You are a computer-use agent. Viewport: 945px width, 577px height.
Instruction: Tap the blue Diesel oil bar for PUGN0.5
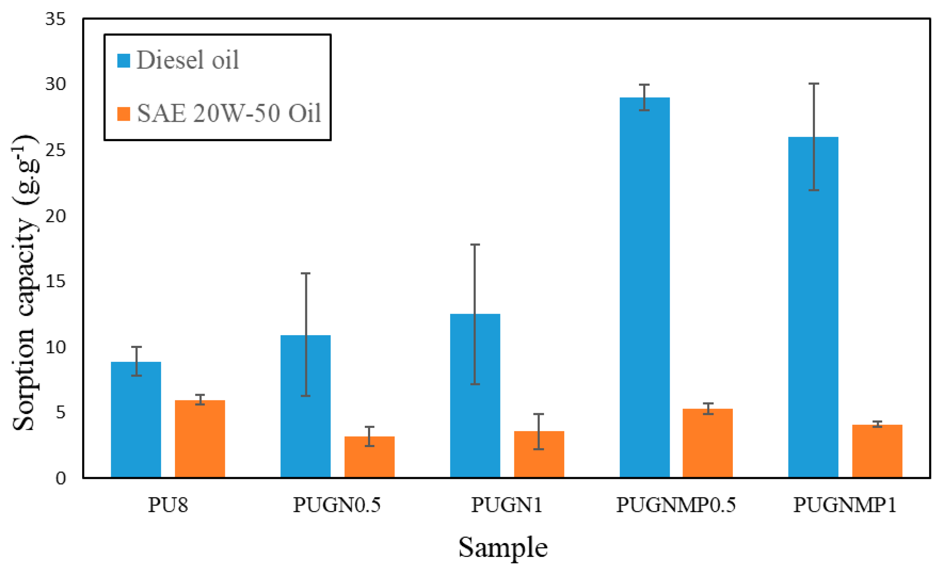coord(305,406)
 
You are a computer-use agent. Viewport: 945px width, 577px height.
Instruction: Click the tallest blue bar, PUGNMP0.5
coord(645,287)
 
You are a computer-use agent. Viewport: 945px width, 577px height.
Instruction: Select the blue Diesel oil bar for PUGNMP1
coord(814,307)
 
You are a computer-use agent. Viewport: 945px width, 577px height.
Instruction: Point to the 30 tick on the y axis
coord(56,84)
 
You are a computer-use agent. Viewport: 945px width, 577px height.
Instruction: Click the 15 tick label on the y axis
coord(56,281)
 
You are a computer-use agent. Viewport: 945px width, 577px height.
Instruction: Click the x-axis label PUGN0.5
coord(337,505)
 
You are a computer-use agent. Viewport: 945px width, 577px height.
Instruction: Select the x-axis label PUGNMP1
coord(845,505)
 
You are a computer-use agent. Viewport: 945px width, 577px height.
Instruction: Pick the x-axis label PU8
coord(168,505)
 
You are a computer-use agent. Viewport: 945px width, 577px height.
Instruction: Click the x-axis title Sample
coord(503,548)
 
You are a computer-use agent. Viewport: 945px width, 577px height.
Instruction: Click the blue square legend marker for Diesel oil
coord(124,61)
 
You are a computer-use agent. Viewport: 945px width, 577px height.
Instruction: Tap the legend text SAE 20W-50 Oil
coord(229,114)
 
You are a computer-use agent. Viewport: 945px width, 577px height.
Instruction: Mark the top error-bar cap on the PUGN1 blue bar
coord(475,245)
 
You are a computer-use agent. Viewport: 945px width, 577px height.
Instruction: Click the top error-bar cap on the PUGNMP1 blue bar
coord(814,84)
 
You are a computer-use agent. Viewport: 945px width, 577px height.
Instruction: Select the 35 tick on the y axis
coord(56,19)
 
